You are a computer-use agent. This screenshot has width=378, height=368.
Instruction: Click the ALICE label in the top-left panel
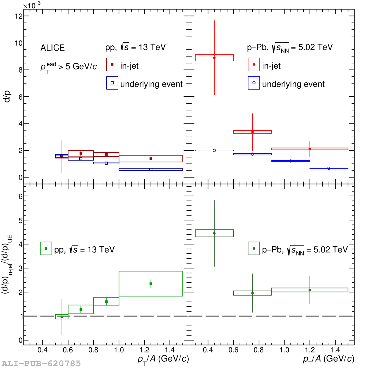click(53, 48)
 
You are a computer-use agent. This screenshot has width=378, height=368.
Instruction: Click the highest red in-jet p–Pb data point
click(214, 58)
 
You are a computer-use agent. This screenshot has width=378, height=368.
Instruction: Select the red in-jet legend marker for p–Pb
click(254, 64)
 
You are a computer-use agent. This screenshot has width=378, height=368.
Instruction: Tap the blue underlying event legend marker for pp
click(112, 83)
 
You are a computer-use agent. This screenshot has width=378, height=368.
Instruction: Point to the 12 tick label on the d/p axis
click(19, 16)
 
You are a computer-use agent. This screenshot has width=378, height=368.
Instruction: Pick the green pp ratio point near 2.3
click(151, 284)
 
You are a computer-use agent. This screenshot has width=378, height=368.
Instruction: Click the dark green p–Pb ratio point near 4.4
click(214, 233)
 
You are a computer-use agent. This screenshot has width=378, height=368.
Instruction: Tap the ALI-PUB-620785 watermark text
click(41, 363)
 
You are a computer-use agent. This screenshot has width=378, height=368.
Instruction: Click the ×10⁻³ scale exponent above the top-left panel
click(32, 5)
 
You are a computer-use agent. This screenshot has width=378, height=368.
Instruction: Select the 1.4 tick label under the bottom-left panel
click(169, 350)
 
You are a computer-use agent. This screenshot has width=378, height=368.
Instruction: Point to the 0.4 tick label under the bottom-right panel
click(208, 350)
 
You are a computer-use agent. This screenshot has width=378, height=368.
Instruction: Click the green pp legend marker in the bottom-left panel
click(46, 248)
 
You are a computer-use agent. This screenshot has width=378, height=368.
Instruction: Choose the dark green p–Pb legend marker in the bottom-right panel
click(254, 248)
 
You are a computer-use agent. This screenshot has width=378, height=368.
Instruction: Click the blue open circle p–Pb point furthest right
click(329, 168)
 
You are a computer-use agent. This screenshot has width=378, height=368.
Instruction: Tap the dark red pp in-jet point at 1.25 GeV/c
click(151, 159)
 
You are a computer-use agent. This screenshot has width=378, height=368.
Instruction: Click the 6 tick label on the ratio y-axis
click(20, 196)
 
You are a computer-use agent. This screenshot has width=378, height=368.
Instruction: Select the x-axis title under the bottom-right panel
click(329, 359)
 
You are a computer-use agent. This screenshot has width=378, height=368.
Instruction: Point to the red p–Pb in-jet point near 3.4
click(252, 132)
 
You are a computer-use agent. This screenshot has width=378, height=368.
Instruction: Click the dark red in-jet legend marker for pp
click(112, 64)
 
